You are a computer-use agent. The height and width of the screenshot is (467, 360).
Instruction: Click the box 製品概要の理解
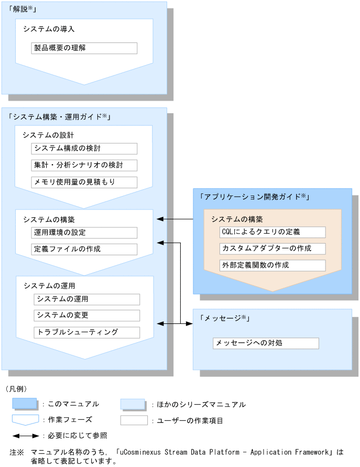[x=84, y=48]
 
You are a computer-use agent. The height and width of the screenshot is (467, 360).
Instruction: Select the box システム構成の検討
[x=84, y=149]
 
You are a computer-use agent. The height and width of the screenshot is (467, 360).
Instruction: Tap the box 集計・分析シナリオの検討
[x=84, y=166]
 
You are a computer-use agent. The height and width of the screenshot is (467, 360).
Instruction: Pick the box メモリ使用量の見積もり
[x=84, y=182]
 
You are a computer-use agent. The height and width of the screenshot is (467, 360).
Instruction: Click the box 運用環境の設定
[x=84, y=233]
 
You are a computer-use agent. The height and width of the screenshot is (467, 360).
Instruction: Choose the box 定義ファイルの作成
[x=84, y=249]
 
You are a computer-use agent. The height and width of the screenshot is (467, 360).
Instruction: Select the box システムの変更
[x=87, y=316]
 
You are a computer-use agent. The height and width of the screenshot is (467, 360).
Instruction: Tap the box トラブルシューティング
[x=87, y=332]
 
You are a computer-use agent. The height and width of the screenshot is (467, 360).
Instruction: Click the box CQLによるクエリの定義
[x=272, y=232]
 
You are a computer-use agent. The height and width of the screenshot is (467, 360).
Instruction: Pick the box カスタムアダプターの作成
[x=272, y=248]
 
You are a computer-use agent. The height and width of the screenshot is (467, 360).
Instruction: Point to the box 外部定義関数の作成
[x=272, y=265]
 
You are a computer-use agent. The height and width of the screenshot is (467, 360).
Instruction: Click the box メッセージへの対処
[x=266, y=343]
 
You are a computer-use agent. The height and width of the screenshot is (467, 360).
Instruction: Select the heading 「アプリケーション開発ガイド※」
[x=255, y=197]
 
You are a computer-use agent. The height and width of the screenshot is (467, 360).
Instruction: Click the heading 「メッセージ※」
[x=224, y=318]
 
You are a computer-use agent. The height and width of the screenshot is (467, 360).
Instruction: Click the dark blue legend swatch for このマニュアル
[x=25, y=404]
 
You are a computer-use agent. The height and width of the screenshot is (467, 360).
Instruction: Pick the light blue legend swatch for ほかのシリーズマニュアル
[x=133, y=404]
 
